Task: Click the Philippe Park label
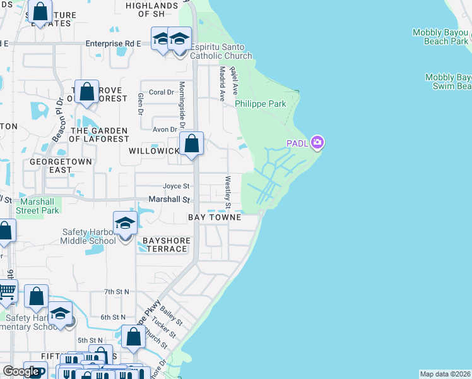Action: [x=260, y=104]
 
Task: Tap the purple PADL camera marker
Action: [x=317, y=142]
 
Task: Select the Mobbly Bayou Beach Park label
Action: [x=440, y=37]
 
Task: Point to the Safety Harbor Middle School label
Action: [x=89, y=236]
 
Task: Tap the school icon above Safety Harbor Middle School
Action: [x=125, y=224]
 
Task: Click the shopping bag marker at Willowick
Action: [x=191, y=144]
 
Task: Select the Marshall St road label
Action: [x=168, y=199]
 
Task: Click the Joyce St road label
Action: [x=176, y=186]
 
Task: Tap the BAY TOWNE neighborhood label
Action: [x=215, y=217]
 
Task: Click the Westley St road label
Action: [x=228, y=193]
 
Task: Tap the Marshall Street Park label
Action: [x=37, y=206]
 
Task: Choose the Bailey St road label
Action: [x=172, y=314]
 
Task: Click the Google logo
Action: [x=21, y=371]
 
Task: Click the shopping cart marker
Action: [x=6, y=292]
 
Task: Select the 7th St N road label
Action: [x=117, y=291]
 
